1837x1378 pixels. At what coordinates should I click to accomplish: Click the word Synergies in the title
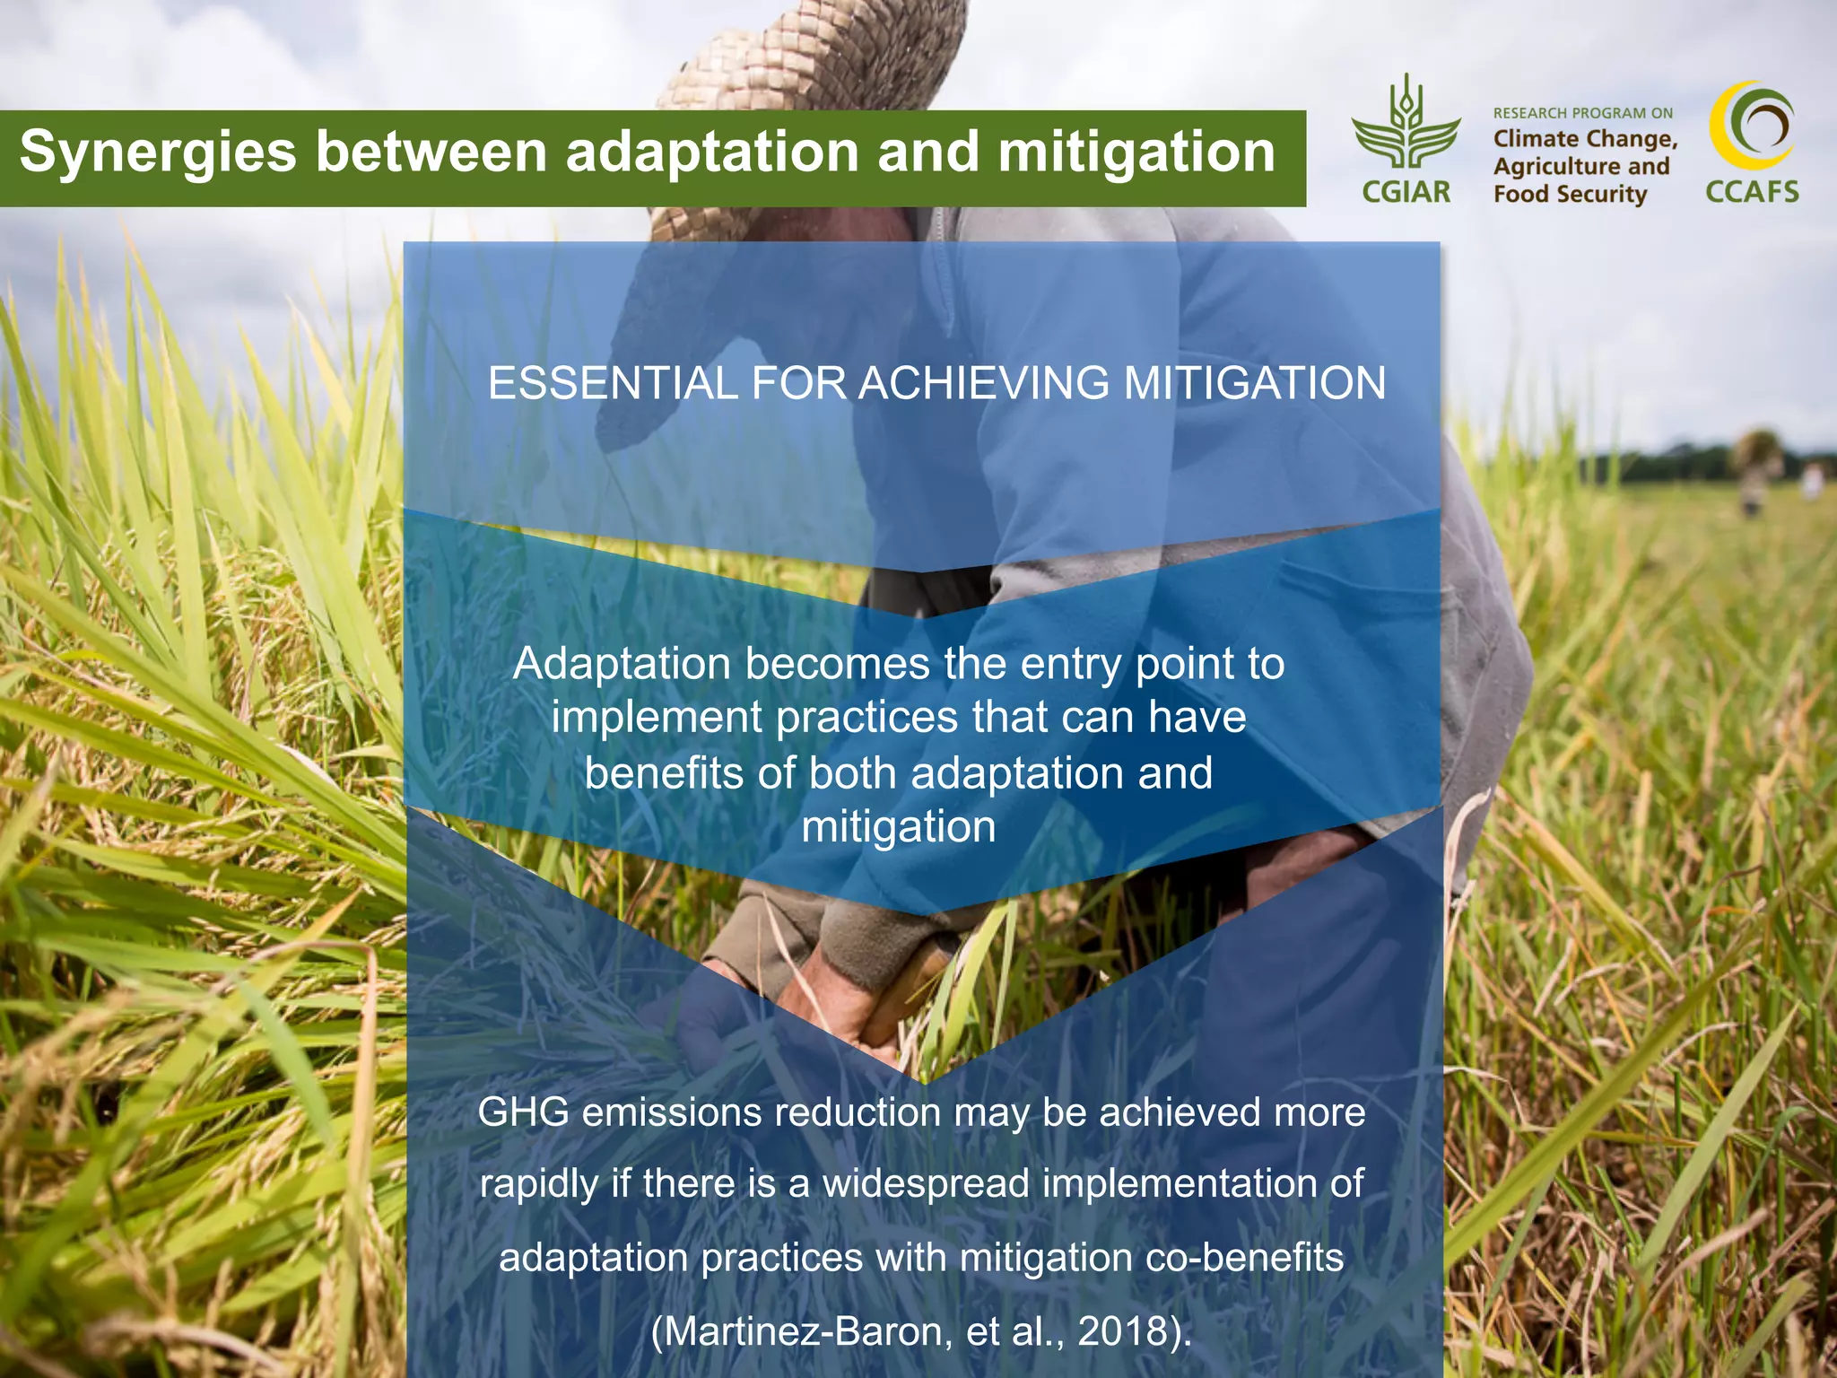click(158, 153)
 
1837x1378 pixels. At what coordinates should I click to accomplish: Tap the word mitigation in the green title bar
click(1136, 153)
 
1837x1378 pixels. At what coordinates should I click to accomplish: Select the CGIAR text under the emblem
click(1406, 191)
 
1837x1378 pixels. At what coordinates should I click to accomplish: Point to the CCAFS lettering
click(1752, 192)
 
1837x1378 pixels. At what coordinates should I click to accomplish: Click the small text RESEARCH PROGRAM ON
click(1582, 113)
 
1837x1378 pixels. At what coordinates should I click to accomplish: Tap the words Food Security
click(1570, 194)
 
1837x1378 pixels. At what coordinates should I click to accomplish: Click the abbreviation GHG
click(523, 1112)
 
